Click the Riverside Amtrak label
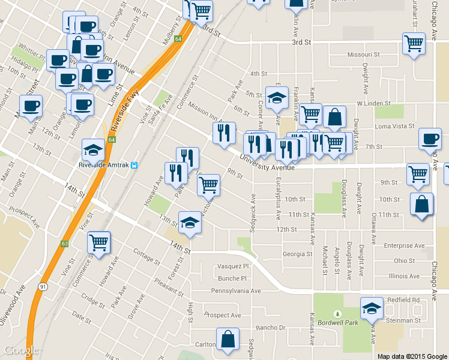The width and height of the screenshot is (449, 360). (x=104, y=165)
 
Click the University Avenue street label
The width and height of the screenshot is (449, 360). (x=267, y=163)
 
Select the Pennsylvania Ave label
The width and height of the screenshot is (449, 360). (x=235, y=291)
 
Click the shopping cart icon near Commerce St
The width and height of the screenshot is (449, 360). (x=98, y=243)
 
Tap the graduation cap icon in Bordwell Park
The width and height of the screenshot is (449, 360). (x=372, y=309)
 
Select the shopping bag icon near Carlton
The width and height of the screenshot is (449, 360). (x=228, y=340)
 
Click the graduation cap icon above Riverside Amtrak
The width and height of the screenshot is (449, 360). (x=93, y=150)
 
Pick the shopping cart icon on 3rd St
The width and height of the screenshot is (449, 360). (x=414, y=43)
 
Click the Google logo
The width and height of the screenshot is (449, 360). (x=21, y=351)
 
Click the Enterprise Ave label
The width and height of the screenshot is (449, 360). (x=403, y=245)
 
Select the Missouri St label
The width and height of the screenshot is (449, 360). (x=364, y=55)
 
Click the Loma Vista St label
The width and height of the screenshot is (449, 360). (x=394, y=127)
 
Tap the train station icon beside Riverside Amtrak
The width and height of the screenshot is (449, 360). (x=136, y=165)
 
